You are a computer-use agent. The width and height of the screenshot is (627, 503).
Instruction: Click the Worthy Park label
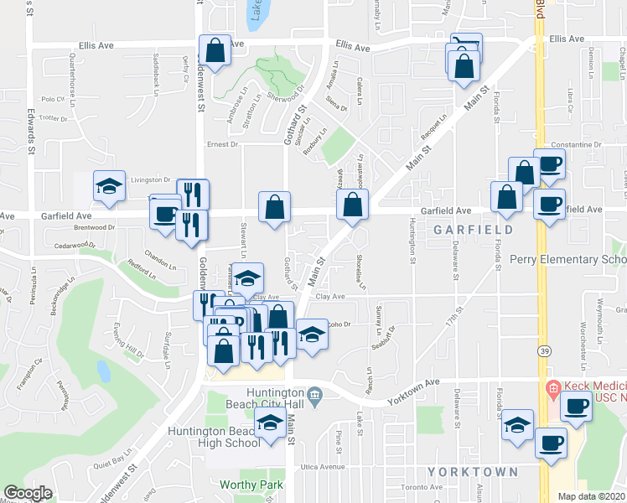pos(251,485)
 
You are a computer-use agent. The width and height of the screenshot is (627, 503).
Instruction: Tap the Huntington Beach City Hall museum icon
pos(313,394)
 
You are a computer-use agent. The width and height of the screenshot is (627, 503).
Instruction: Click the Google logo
pos(28,493)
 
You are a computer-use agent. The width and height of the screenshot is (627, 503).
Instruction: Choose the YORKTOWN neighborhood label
pos(474,472)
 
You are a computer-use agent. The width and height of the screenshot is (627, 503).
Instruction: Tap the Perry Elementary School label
pos(568,260)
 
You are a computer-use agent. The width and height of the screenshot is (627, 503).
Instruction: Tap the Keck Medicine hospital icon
pos(552,388)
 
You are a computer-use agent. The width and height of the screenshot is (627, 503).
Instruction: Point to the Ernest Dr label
pos(223,144)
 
